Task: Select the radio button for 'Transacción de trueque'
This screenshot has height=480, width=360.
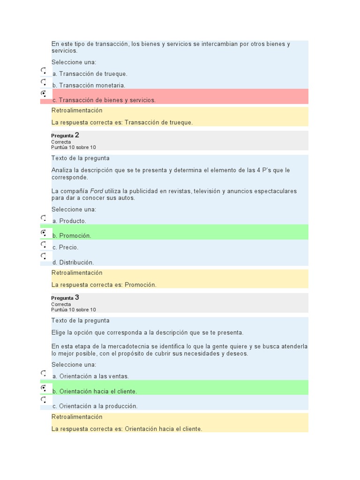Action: pyautogui.click(x=43, y=71)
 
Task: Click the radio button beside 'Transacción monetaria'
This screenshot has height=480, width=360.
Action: pyautogui.click(x=43, y=82)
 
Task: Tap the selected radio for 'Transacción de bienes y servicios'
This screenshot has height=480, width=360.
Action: pyautogui.click(x=43, y=94)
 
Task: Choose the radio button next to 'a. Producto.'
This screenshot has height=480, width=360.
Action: pyautogui.click(x=43, y=218)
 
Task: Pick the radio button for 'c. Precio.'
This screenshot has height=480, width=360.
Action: pyautogui.click(x=43, y=244)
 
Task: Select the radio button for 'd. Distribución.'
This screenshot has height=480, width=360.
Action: pyautogui.click(x=43, y=256)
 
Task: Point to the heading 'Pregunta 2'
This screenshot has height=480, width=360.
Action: pyautogui.click(x=65, y=135)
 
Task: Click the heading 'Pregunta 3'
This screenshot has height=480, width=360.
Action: pyautogui.click(x=65, y=298)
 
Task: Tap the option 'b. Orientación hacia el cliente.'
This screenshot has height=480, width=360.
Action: pyautogui.click(x=95, y=391)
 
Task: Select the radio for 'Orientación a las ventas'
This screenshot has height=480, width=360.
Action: pyautogui.click(x=43, y=373)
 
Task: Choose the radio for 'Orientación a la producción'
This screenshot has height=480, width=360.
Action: pyautogui.click(x=43, y=400)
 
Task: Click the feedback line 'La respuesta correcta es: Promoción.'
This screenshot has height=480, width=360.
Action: pyautogui.click(x=104, y=285)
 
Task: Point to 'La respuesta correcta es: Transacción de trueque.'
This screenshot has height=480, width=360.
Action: pyautogui.click(x=122, y=122)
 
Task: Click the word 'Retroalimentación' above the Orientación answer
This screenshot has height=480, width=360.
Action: pyautogui.click(x=77, y=417)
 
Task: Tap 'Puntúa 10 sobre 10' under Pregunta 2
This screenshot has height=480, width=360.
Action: pyautogui.click(x=74, y=147)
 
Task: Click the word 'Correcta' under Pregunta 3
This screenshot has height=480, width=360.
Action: pyautogui.click(x=61, y=304)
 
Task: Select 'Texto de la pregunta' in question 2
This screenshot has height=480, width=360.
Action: pyautogui.click(x=80, y=158)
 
